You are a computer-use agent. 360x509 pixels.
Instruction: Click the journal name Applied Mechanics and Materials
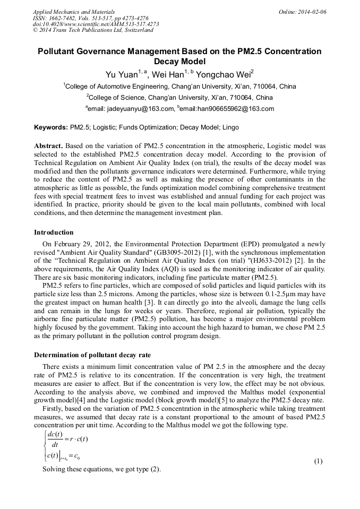74,12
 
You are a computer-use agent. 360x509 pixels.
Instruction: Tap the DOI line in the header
96,24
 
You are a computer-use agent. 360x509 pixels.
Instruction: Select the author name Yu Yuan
121,74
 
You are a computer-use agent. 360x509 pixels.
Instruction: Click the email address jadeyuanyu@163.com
141,109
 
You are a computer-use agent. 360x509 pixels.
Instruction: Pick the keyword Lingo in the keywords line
230,128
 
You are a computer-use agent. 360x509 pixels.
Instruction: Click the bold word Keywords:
51,128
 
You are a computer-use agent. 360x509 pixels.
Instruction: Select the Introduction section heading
54,232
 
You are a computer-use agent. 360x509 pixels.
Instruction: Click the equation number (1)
319,461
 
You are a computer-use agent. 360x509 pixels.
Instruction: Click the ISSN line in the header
91,18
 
